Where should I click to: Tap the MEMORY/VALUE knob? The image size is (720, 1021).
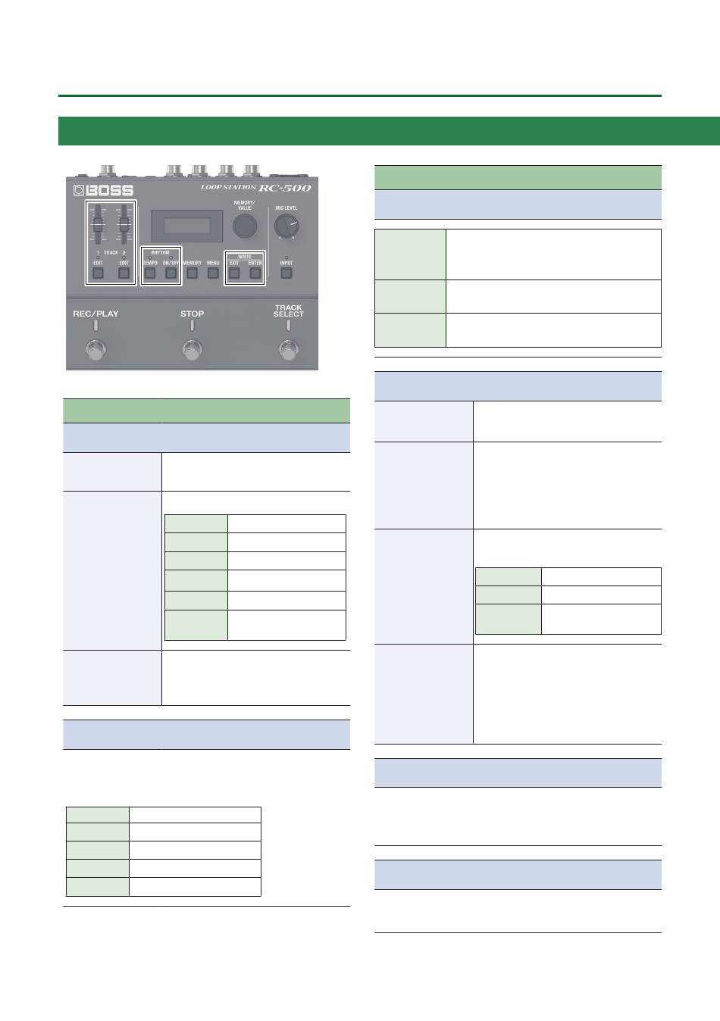tap(245, 225)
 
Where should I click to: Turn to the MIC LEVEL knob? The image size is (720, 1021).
tap(286, 225)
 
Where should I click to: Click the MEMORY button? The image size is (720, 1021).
tap(192, 273)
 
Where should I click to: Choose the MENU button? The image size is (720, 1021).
tap(213, 273)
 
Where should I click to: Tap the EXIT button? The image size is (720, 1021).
tap(234, 273)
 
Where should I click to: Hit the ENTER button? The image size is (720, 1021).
tap(255, 273)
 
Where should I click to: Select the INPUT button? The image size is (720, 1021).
tap(286, 273)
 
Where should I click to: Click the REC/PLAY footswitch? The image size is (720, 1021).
tap(95, 351)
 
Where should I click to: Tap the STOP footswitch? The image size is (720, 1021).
tap(193, 351)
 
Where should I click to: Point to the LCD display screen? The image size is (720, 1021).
tap(181, 225)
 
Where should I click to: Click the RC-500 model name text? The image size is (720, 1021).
tap(284, 187)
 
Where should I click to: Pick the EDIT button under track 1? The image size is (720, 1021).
tap(98, 273)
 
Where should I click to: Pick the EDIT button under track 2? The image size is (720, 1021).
tap(123, 273)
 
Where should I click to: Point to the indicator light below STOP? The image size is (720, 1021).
tap(193, 326)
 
